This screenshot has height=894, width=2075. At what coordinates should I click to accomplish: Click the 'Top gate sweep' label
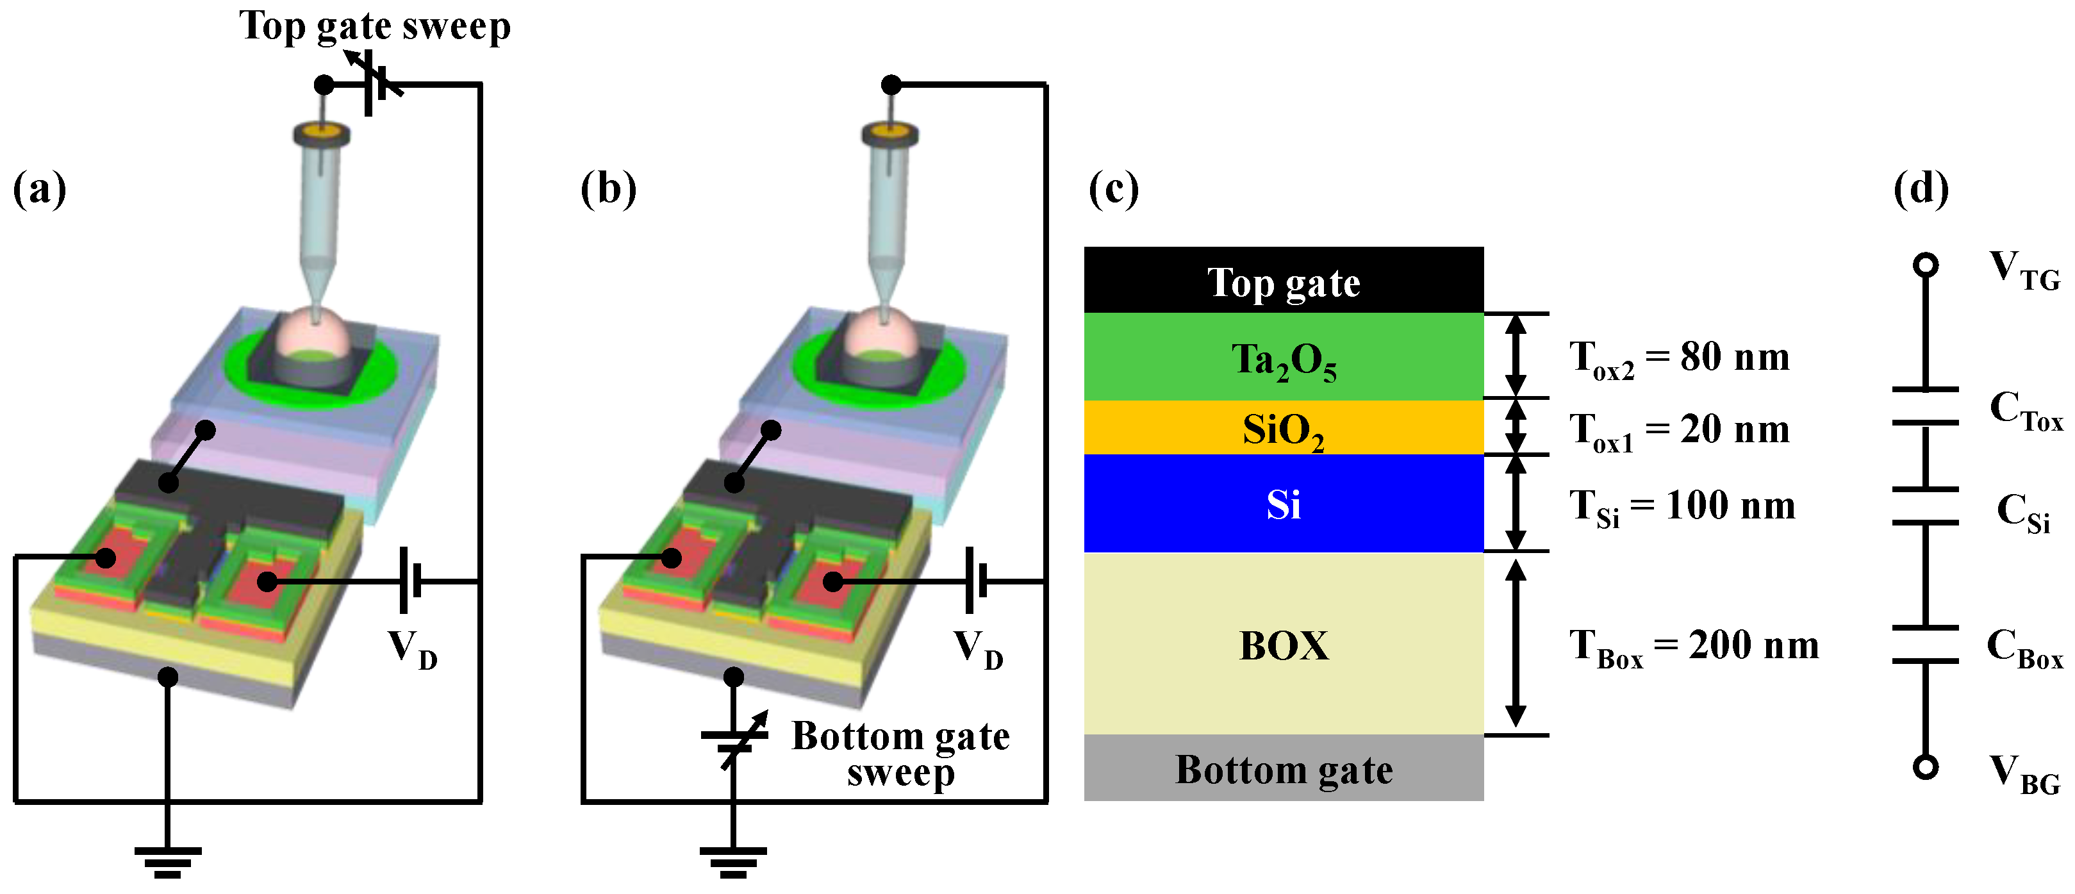(x=374, y=26)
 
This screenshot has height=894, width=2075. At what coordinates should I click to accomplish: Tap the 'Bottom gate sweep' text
(x=900, y=753)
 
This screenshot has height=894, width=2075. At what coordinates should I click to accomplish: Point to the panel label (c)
(x=1113, y=190)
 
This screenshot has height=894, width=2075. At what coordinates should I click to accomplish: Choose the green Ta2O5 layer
(x=1283, y=358)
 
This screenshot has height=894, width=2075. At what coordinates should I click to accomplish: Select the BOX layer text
(x=1283, y=645)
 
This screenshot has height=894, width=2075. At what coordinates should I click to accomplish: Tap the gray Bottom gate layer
(x=1283, y=768)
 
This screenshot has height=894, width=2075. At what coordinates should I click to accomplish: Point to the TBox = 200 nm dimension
(x=1693, y=646)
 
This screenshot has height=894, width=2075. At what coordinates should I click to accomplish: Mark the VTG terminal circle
(x=1925, y=265)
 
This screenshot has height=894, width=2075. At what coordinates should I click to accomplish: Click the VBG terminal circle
(x=1925, y=766)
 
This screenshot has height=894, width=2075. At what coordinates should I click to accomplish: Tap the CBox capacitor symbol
(x=1925, y=644)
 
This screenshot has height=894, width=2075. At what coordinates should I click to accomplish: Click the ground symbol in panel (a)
(x=167, y=862)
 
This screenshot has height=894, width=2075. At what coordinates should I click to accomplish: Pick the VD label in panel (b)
(x=978, y=649)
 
